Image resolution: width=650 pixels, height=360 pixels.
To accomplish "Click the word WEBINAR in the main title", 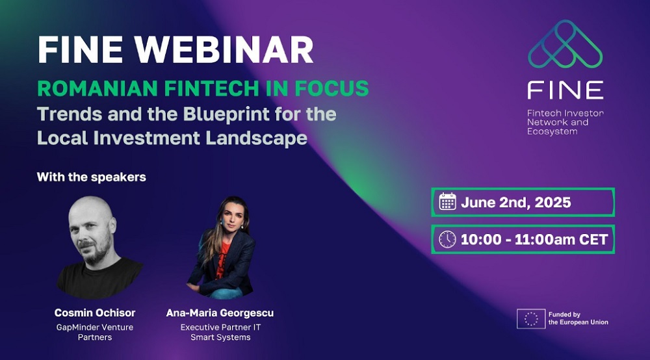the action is click(224, 50).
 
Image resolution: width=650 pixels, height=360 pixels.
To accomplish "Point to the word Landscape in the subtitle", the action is click(257, 138).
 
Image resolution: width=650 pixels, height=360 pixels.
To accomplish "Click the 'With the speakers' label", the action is click(92, 177).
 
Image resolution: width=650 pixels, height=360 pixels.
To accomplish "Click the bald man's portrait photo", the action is click(99, 248).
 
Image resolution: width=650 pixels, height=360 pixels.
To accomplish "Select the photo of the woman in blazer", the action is click(222, 248).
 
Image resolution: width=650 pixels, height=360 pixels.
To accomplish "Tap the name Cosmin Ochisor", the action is click(95, 313).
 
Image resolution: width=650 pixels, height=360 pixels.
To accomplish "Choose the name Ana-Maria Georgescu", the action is click(220, 313).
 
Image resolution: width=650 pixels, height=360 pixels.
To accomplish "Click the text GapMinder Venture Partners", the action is click(95, 332).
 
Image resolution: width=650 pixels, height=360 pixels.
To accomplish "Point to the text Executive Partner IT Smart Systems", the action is click(220, 332).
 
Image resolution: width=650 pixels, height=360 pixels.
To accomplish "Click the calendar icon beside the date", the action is click(448, 201).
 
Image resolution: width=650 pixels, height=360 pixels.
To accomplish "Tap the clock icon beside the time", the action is click(447, 239).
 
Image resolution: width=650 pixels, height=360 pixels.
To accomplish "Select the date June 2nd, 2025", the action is click(516, 203).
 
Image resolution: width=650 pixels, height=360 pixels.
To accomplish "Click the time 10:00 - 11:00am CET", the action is click(534, 239).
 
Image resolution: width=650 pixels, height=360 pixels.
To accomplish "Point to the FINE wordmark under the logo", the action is click(565, 90).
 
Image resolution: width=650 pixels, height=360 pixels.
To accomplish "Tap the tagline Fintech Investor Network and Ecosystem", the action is click(565, 122).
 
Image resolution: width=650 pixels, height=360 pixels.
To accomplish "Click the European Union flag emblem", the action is click(531, 318).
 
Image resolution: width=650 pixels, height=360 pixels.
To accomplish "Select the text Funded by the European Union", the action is click(578, 318).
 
